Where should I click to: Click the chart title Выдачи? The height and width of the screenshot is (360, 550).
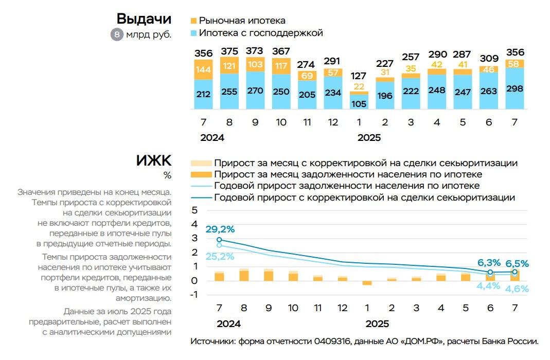pos(144,19)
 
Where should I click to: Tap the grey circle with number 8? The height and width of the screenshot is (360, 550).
pos(117,35)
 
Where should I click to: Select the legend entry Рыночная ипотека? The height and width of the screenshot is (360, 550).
pos(242,21)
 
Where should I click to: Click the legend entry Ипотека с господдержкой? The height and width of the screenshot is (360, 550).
pos(260,33)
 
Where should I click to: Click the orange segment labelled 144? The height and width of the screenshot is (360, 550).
pos(204,69)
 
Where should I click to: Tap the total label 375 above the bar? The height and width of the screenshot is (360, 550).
pos(229,51)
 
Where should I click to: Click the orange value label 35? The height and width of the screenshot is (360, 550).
pos(411,68)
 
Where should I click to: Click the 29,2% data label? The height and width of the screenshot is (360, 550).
pos(220,229)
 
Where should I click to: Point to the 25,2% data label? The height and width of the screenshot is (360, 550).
pos(220,256)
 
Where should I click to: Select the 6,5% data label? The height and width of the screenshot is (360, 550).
pos(515,263)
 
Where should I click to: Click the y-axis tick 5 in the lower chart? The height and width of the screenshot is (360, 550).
pos(194,210)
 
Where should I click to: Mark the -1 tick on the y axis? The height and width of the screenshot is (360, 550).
pos(193,295)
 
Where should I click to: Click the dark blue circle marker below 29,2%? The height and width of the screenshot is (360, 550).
pos(219,240)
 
